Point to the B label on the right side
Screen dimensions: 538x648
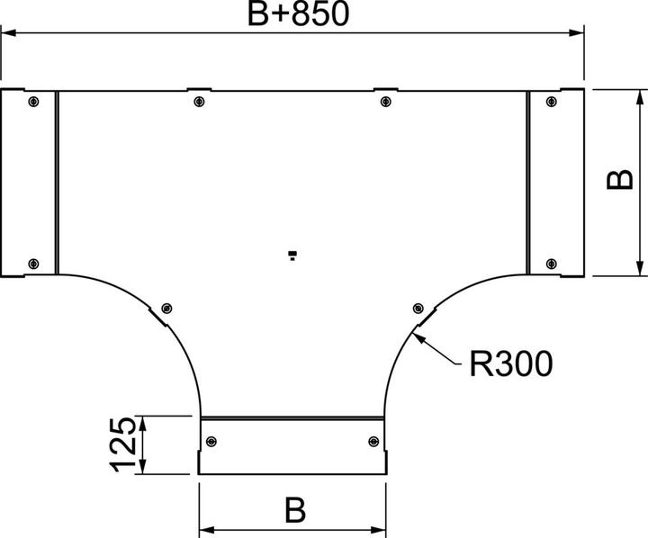coord(617,181)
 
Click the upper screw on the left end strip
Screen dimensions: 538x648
coord(33,101)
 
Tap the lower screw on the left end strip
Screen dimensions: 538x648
coord(33,263)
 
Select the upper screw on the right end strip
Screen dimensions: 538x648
coord(551,101)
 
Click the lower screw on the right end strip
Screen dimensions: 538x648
coord(551,263)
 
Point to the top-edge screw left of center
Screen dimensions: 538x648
coord(199,101)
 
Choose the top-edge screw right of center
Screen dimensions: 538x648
coord(385,101)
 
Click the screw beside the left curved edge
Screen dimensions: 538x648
coord(165,307)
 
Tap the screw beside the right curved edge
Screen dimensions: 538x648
coord(418,307)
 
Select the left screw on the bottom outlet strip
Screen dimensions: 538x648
coord(211,441)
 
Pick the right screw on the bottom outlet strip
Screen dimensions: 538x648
coord(373,441)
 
